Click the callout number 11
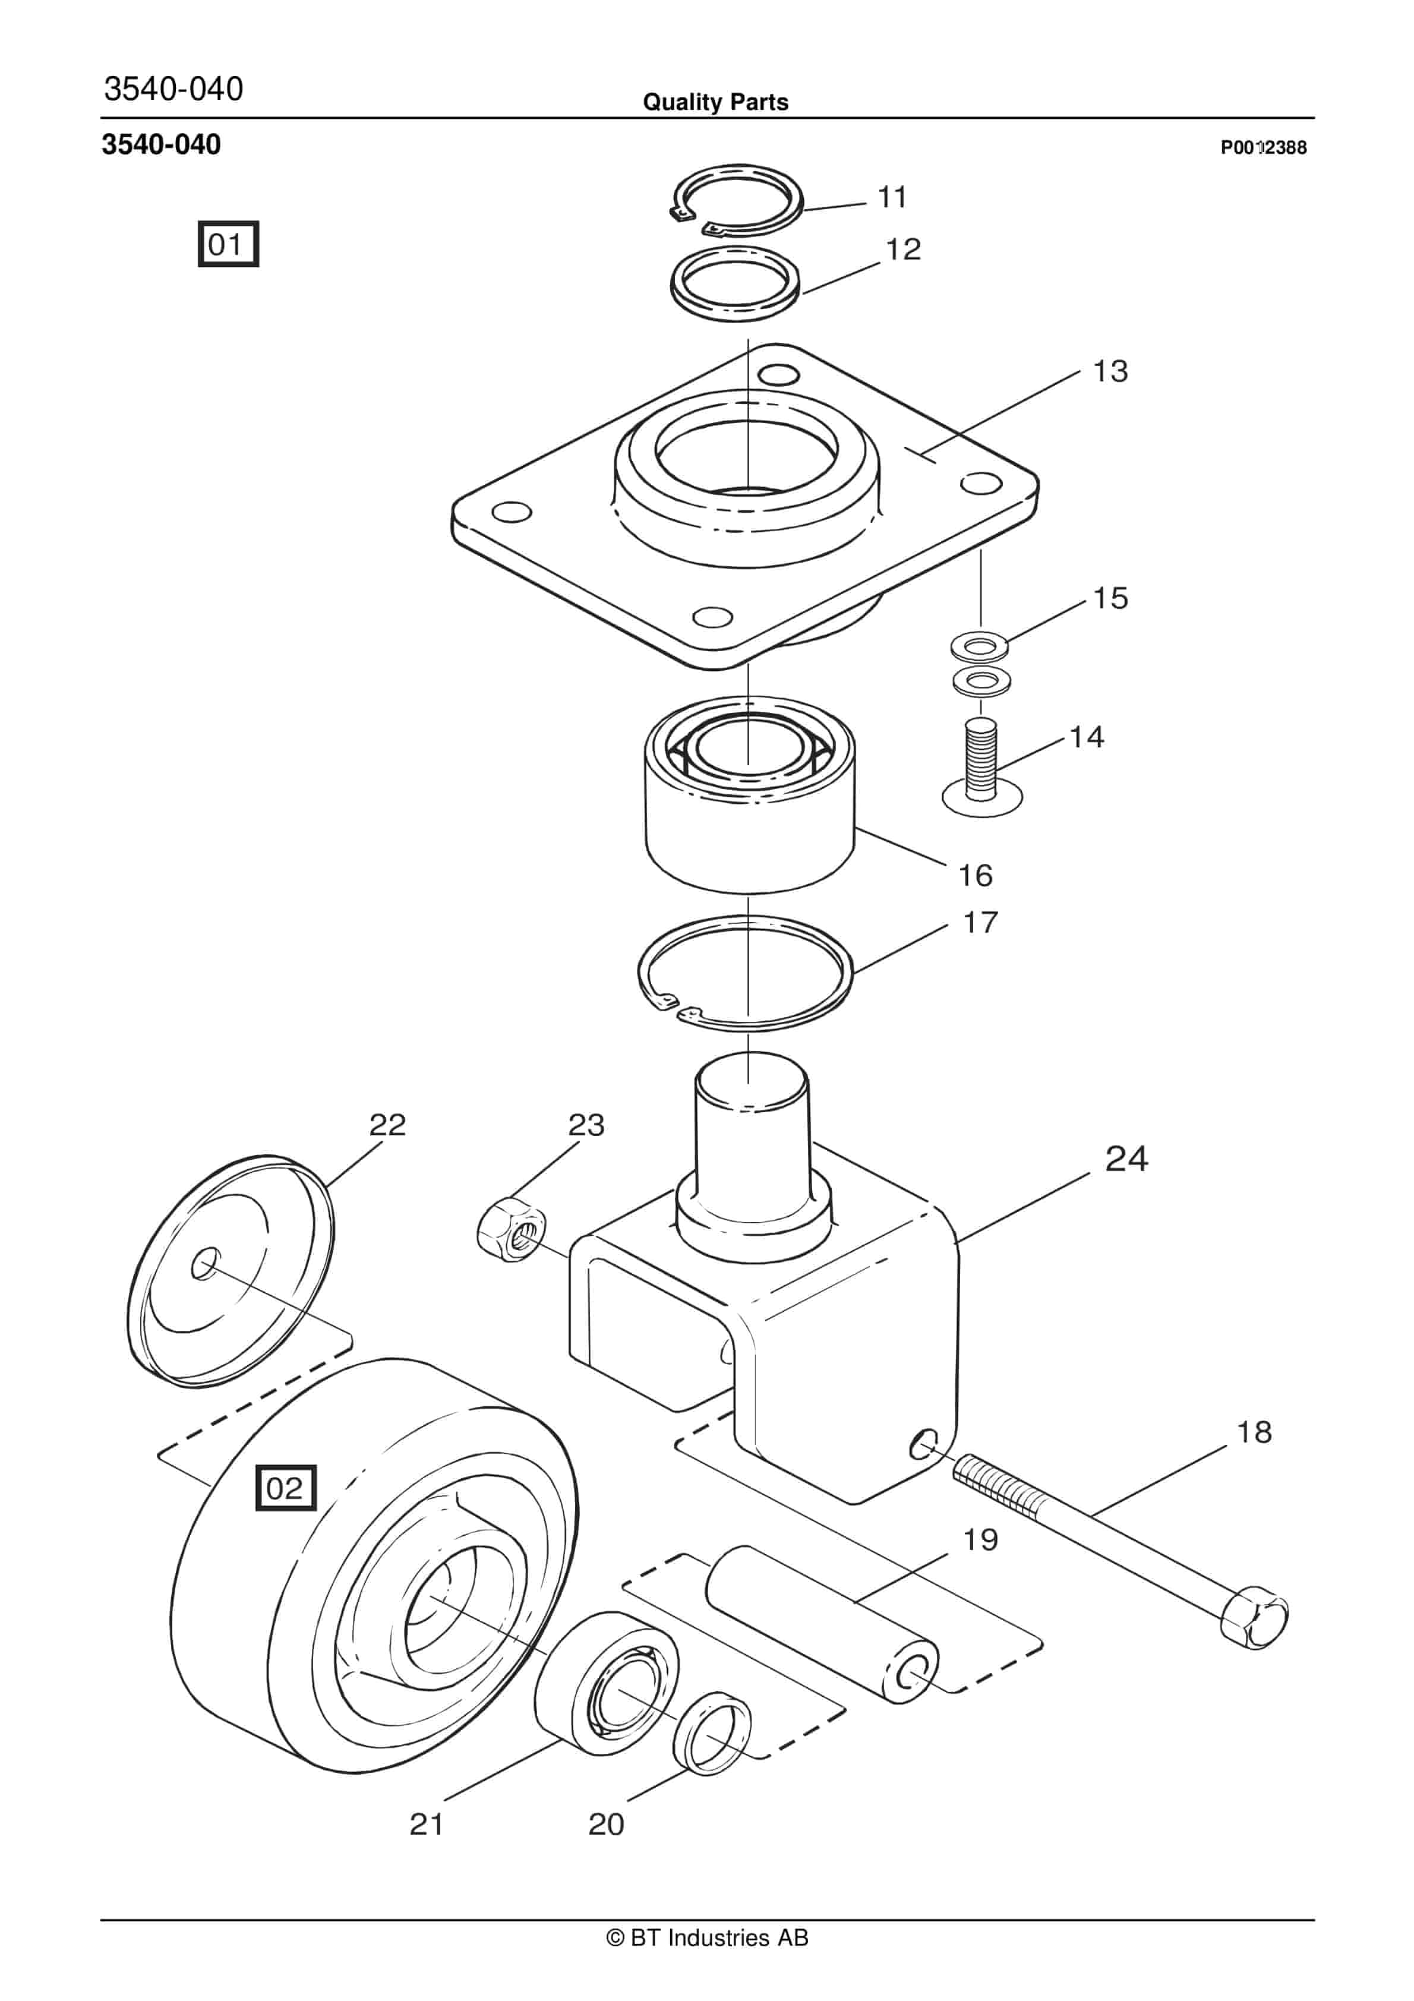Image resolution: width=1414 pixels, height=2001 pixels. (x=892, y=198)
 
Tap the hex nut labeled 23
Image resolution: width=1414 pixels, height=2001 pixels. (x=512, y=1230)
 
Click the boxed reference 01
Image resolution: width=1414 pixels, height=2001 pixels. (x=228, y=244)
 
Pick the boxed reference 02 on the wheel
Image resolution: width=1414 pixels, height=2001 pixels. (x=285, y=1488)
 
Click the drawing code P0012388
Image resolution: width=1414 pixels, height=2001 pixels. (x=1262, y=148)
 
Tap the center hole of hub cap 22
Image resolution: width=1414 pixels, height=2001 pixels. (x=205, y=1264)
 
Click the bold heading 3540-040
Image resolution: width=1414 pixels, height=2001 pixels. (x=161, y=145)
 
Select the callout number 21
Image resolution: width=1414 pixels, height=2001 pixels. (x=427, y=1824)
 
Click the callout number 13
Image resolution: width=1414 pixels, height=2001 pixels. (x=1110, y=371)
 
